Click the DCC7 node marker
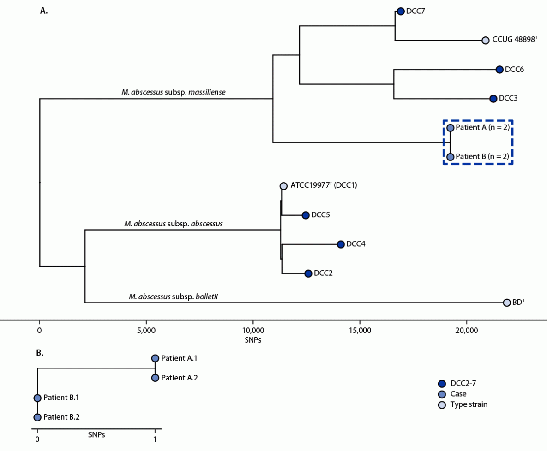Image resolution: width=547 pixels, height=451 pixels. click(x=400, y=12)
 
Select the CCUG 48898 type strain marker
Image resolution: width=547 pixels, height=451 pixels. click(x=485, y=41)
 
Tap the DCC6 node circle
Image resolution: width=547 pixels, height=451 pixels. click(x=499, y=70)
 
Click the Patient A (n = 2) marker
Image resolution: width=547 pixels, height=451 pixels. click(x=450, y=128)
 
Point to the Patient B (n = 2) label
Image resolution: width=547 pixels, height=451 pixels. click(x=482, y=157)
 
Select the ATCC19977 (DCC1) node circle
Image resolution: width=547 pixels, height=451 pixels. click(x=283, y=186)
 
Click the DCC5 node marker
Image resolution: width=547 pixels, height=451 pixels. click(x=305, y=215)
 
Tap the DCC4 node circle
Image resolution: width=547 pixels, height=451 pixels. click(x=341, y=244)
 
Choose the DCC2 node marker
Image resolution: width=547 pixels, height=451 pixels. click(x=308, y=273)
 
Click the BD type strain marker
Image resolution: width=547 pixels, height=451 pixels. click(x=507, y=303)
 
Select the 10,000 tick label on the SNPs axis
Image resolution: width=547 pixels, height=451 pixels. click(x=253, y=331)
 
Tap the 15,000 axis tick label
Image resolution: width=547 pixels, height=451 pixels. click(x=360, y=331)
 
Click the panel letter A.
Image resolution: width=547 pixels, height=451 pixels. click(x=44, y=11)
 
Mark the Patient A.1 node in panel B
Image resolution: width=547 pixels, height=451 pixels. click(x=155, y=358)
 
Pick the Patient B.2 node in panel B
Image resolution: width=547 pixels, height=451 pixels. click(x=37, y=417)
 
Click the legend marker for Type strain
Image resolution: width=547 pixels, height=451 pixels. click(x=442, y=405)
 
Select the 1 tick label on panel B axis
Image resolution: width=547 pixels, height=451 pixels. click(x=155, y=439)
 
